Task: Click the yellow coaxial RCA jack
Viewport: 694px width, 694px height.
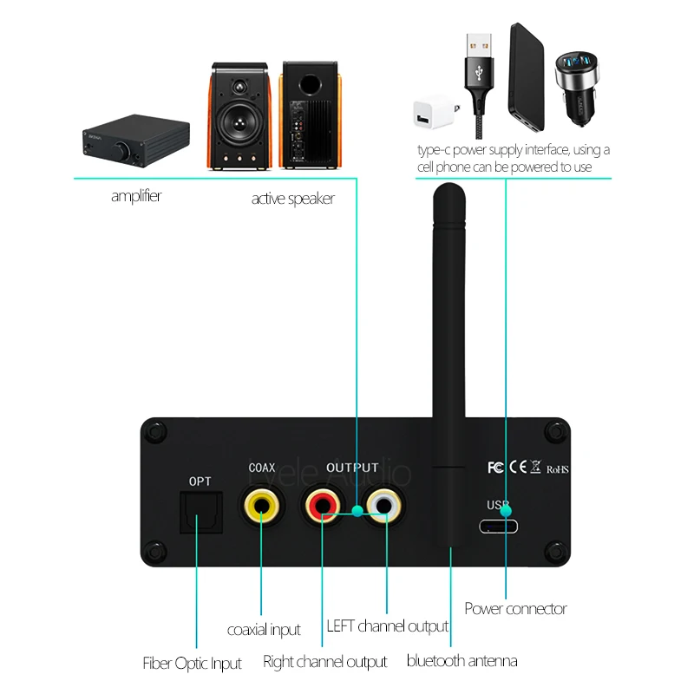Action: coord(260,505)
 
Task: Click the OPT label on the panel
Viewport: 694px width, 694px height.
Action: coord(200,481)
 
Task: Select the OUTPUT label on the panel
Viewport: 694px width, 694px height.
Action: coord(352,468)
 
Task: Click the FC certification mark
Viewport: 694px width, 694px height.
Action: coord(495,468)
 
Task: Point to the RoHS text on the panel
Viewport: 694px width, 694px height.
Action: coord(557,469)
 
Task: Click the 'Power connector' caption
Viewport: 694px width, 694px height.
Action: coord(515,609)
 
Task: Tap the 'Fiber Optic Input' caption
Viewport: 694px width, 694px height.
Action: coord(192,665)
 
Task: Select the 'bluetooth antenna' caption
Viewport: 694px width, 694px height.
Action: coord(462,661)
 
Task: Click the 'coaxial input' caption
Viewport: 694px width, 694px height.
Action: coord(264,630)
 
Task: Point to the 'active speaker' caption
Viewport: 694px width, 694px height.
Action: coord(292,199)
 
